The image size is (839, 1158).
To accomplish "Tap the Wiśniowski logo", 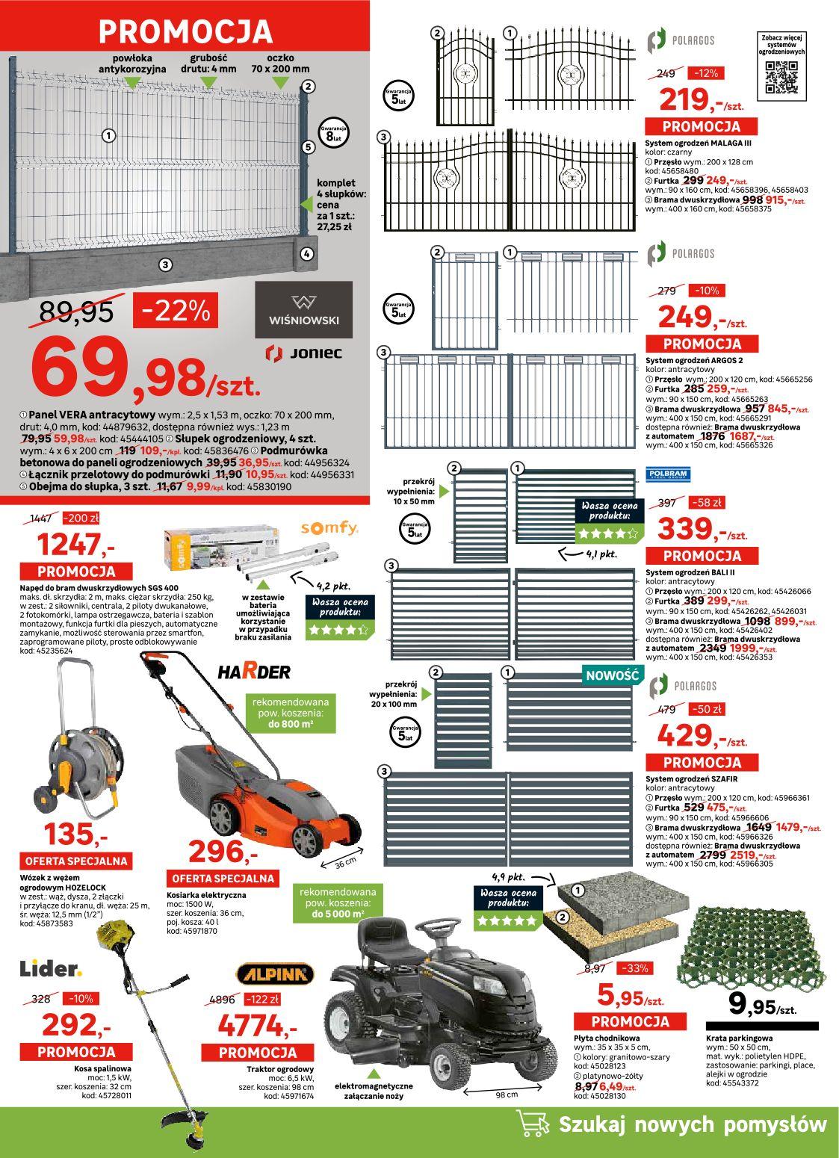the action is coord(303,310).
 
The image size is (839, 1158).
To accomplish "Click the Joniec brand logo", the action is coord(304,352).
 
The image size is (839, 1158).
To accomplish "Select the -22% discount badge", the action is coord(176,310).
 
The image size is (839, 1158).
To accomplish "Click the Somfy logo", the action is coord(329,528).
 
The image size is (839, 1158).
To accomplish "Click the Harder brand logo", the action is coord(254,671).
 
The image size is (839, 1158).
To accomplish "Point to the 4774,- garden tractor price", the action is coord(257,1024).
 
